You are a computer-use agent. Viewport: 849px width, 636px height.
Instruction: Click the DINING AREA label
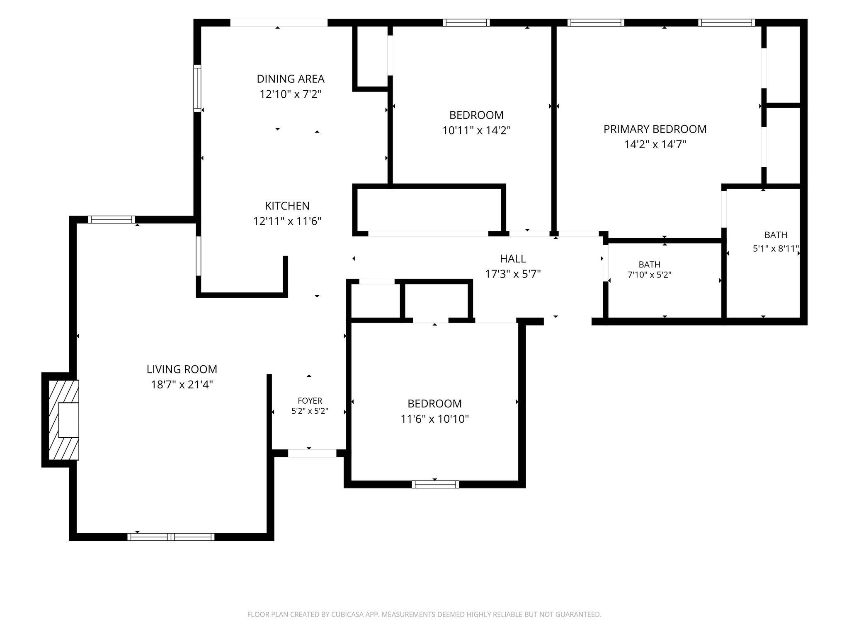coord(290,79)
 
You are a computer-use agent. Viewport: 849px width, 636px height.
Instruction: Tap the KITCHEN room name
coord(287,206)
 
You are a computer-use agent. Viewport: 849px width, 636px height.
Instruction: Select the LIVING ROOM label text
coord(182,369)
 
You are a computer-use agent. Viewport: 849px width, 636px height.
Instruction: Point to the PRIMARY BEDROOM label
coord(655,129)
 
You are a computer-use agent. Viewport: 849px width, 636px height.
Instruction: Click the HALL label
coord(513,259)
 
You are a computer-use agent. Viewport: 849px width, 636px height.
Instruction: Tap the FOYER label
coord(310,401)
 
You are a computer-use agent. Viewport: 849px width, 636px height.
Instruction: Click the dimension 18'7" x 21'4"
coord(182,385)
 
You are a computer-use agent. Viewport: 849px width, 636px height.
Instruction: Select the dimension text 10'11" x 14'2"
coord(476,130)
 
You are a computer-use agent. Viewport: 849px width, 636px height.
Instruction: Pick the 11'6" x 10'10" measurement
coord(434,419)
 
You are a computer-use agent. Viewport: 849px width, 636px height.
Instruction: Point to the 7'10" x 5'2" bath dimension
coord(650,275)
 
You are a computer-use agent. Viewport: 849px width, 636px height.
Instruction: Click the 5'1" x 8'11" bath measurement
coord(776,249)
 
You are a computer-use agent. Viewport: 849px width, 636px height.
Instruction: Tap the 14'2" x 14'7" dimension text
coord(655,145)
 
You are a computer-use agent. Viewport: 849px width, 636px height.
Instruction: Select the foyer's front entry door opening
coord(312,453)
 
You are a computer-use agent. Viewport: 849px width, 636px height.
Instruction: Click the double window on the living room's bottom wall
coord(171,537)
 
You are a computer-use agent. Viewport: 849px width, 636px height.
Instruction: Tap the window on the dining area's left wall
coord(198,88)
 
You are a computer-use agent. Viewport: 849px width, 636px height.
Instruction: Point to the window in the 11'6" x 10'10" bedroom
coord(435,484)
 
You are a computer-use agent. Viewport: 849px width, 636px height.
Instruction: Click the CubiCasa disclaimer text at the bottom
coord(424,614)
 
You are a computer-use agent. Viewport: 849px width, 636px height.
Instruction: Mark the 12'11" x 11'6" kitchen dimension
coord(287,222)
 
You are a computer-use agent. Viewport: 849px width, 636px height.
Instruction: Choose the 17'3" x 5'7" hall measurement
coord(513,274)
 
